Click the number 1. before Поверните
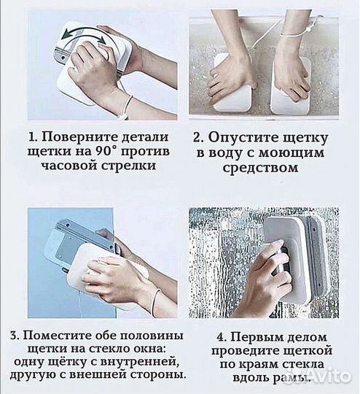pyautogui.click(x=34, y=137)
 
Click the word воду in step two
pyautogui.click(x=224, y=152)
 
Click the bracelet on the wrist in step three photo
pyautogui.click(x=155, y=298)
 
